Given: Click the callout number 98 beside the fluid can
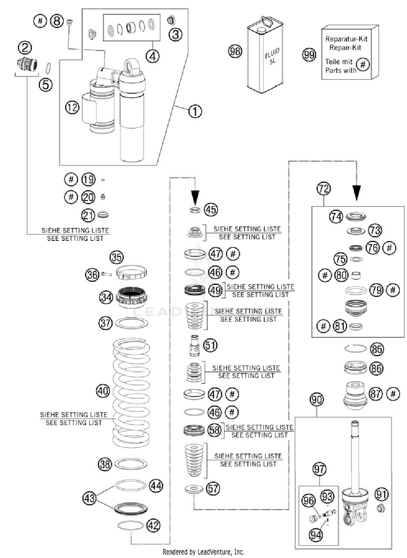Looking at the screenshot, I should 235,51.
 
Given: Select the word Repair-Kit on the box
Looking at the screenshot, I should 345,48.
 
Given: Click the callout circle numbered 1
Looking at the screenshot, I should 195,111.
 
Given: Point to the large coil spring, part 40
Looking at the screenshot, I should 131,393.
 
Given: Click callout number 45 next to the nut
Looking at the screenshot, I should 211,210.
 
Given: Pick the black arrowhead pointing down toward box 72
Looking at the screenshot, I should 357,193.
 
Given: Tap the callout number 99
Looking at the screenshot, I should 309,55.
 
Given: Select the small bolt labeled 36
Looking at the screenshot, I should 106,274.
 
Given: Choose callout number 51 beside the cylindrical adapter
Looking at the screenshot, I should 211,345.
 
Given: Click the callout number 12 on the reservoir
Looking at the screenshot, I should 72,108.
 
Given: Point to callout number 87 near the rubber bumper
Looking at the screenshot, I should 376,394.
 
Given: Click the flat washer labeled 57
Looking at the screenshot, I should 194,489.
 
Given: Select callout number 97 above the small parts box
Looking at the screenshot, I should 319,469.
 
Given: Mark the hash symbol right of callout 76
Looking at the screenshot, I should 389,248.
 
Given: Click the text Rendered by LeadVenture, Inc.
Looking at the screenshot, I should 203,552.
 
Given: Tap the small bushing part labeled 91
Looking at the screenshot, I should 381,508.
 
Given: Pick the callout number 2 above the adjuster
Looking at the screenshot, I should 25,48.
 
